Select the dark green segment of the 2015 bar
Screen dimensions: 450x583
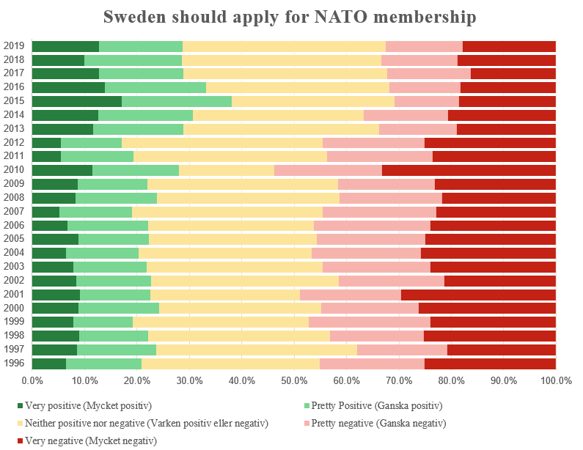pos(77,101)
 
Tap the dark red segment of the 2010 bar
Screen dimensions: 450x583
pos(469,170)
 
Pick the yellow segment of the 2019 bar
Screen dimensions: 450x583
pos(284,46)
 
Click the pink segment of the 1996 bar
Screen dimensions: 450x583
pos(372,364)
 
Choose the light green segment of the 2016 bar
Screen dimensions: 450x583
pos(155,87)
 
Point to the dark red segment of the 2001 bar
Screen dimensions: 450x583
pos(478,295)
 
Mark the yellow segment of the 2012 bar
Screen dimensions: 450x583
pos(222,142)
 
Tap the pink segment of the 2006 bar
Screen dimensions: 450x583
pos(372,225)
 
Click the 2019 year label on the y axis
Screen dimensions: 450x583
pos(14,46)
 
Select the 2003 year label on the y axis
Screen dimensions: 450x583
pos(14,267)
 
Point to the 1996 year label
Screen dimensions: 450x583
pos(14,364)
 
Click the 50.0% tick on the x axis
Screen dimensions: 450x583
pos(294,381)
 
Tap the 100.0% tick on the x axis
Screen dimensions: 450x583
pos(555,381)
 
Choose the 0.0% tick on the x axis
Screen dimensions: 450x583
pos(32,381)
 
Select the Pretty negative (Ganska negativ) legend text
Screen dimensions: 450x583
pos(378,424)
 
